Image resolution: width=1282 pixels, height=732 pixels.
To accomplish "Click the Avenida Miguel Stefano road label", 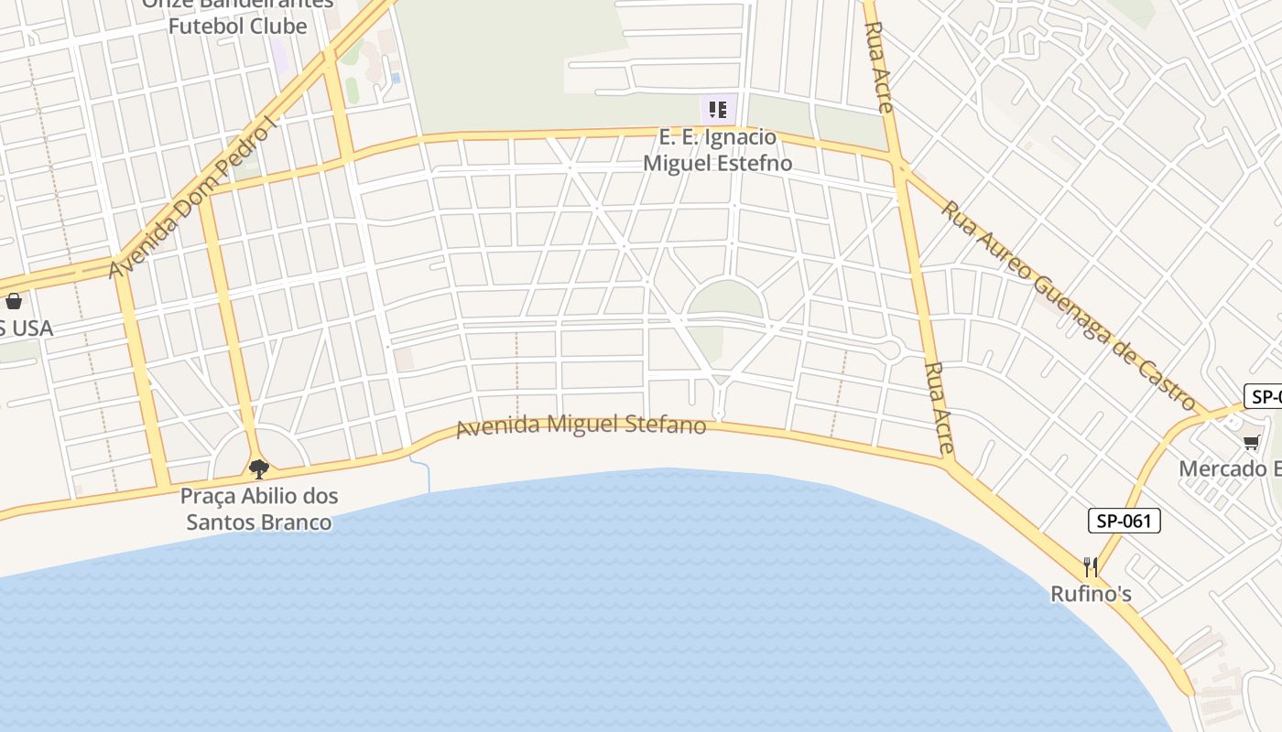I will (581, 426).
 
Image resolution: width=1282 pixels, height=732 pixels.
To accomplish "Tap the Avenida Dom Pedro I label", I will (191, 199).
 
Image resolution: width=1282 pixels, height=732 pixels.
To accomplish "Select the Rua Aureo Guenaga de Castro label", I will (1068, 306).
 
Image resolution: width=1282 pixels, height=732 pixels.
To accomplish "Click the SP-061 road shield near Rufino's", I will (1124, 521).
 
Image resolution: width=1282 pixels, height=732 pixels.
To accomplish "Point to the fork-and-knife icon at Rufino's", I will (1090, 567).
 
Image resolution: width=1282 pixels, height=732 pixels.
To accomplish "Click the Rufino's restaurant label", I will (1091, 595).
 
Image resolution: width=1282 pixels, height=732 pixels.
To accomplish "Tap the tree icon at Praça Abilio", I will (259, 469).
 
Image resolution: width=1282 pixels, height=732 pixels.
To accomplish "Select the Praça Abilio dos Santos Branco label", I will (259, 510).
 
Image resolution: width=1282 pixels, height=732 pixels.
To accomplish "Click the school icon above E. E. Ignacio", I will (719, 110).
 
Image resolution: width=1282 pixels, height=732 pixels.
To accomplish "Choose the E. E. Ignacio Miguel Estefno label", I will (718, 151).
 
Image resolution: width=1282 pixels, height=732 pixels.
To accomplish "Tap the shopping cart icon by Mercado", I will (1251, 443).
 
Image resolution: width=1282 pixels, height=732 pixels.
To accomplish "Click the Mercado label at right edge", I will (1229, 468).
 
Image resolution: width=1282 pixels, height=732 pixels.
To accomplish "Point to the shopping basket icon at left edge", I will (14, 300).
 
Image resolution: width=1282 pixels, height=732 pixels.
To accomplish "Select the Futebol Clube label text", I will (237, 26).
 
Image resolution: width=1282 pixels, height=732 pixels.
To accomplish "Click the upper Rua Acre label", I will (878, 67).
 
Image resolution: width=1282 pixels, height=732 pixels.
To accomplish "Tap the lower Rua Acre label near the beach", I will (940, 408).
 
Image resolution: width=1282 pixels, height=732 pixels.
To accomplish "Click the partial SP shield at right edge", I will (1264, 397).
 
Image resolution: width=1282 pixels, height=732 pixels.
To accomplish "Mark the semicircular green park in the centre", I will (725, 300).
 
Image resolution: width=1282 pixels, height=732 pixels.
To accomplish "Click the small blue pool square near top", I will (396, 79).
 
